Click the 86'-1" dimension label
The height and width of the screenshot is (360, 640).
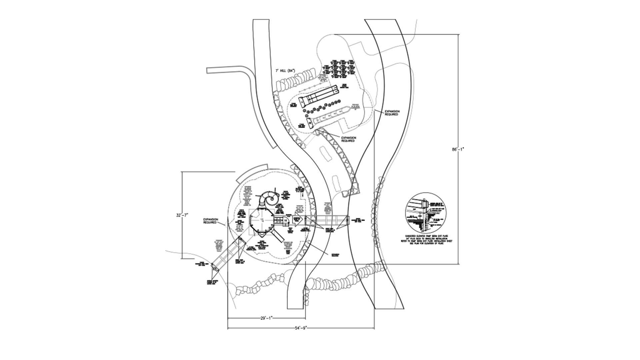(x=457, y=150)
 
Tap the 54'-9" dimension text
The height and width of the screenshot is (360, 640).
(x=300, y=328)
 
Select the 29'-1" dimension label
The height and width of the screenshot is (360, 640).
(x=266, y=318)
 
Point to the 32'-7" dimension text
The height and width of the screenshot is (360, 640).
(x=182, y=215)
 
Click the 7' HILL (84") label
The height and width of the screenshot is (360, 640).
(x=285, y=71)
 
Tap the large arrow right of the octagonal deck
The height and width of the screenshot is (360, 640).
(x=297, y=220)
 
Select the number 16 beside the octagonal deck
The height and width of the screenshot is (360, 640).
(x=286, y=220)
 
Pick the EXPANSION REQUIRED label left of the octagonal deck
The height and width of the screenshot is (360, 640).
(x=211, y=221)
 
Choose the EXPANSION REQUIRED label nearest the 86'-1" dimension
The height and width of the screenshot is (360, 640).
(x=392, y=113)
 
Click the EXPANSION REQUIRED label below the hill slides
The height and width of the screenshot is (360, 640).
(x=348, y=139)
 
